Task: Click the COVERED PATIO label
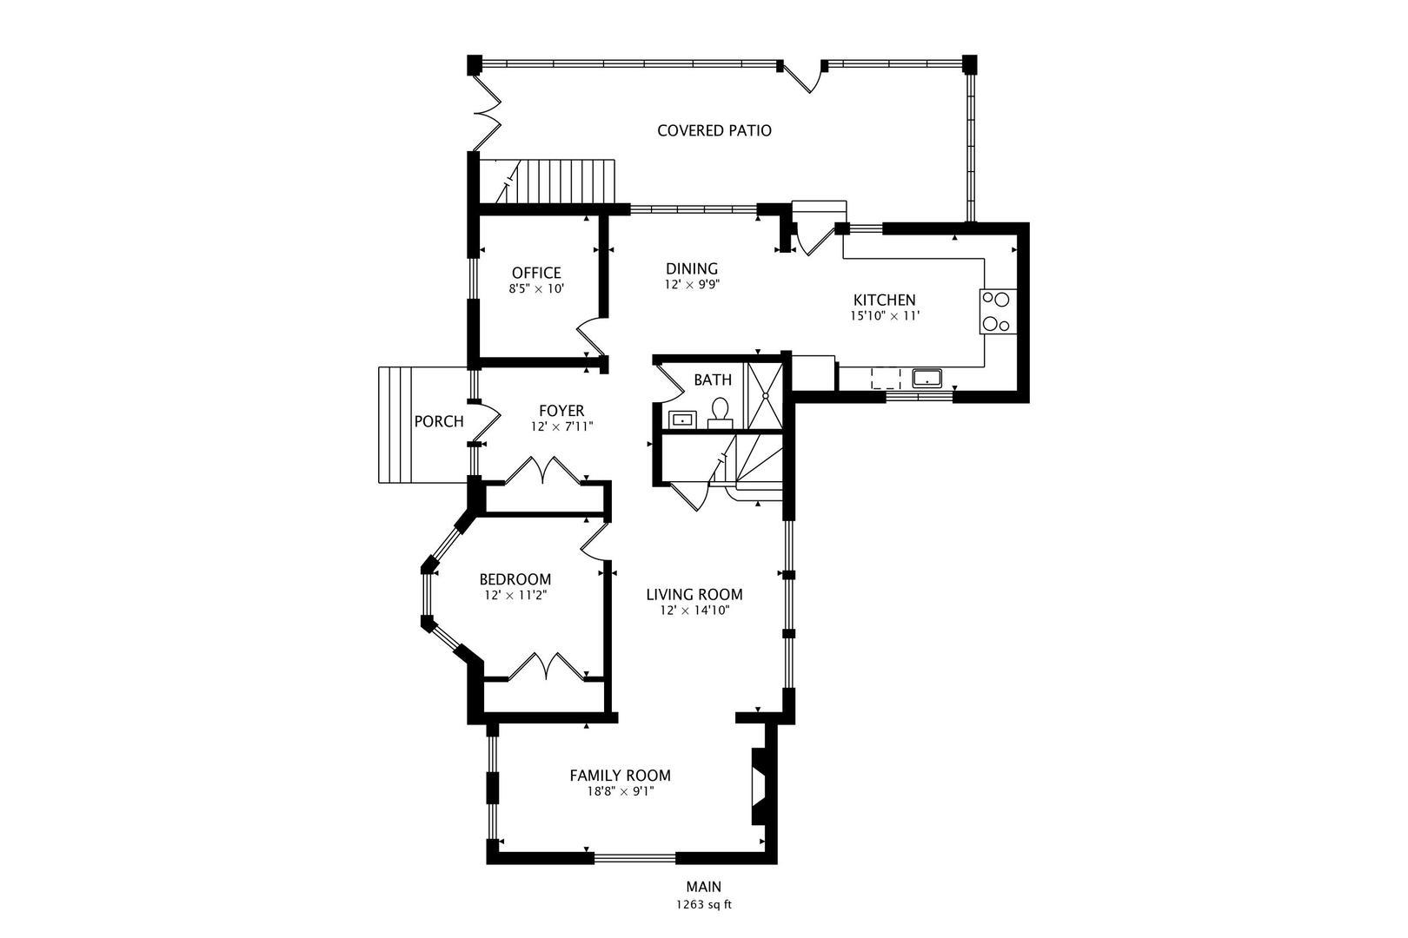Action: click(x=714, y=131)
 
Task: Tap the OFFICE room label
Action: click(x=536, y=273)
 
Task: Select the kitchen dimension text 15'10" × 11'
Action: click(x=884, y=316)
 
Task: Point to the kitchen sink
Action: click(x=927, y=378)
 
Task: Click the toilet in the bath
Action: click(x=720, y=411)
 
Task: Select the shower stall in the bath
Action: click(x=766, y=395)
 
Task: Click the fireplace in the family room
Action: click(x=759, y=786)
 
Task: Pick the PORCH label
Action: click(x=438, y=422)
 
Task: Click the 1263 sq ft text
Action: click(x=704, y=905)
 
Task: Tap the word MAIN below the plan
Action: click(x=703, y=888)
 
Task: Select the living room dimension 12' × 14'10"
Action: click(x=694, y=611)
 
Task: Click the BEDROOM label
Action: click(x=515, y=579)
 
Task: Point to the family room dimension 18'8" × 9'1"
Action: click(x=620, y=791)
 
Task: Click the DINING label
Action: click(x=692, y=268)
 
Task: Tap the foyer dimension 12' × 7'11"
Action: click(x=561, y=426)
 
